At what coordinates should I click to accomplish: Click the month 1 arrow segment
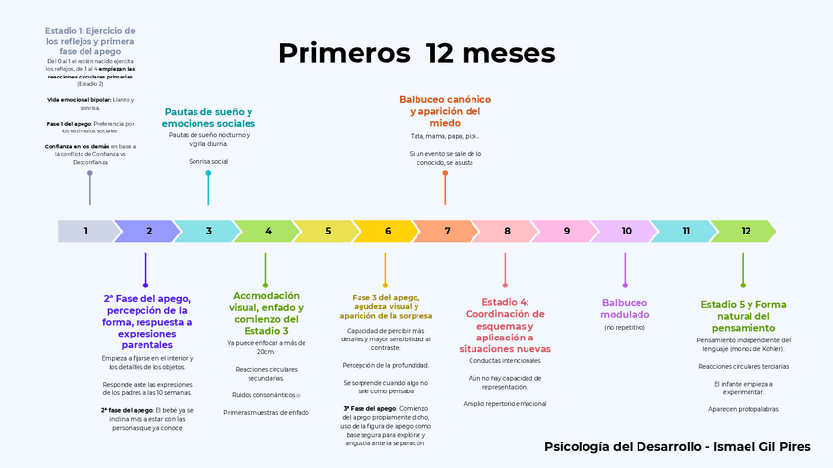point(86,232)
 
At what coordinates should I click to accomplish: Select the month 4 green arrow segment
point(268,232)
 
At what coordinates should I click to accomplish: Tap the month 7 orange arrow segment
point(447,232)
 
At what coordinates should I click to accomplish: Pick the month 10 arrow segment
point(626,232)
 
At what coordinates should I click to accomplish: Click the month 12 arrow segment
point(745,232)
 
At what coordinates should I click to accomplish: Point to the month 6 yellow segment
point(387,232)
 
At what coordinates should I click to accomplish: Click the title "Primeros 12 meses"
point(416,53)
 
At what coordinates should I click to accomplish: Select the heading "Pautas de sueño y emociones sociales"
point(208,118)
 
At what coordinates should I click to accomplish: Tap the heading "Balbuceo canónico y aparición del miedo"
point(445,111)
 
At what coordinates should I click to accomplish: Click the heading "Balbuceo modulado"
point(626,309)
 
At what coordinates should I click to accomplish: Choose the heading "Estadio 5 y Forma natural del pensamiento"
point(744,316)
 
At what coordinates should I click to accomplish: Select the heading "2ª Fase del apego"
point(147,322)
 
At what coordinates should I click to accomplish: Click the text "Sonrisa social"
point(208,161)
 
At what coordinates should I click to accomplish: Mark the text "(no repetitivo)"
point(625,328)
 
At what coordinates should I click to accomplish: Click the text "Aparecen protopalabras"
point(744,408)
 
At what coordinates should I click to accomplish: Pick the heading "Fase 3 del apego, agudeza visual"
point(386,306)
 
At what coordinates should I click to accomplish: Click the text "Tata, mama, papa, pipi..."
point(445,136)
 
